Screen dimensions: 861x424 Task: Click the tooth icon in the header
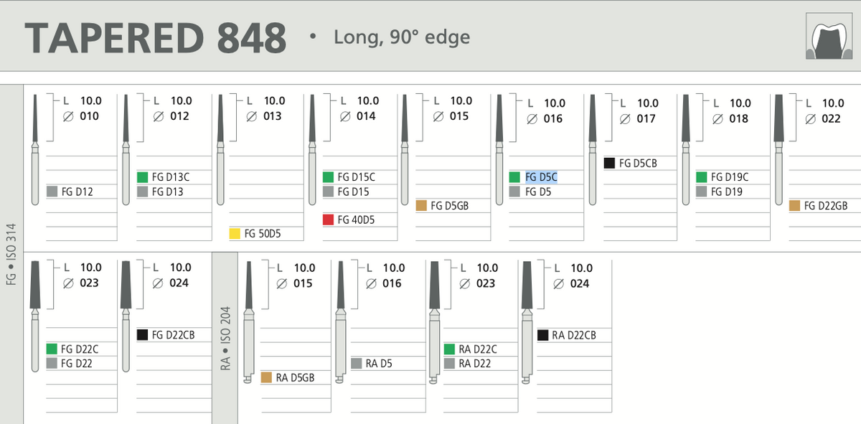pyautogui.click(x=829, y=36)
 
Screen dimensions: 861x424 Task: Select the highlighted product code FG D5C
pyautogui.click(x=541, y=177)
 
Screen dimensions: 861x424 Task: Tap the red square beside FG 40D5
pyautogui.click(x=328, y=220)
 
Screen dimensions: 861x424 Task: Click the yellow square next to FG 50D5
pyautogui.click(x=235, y=233)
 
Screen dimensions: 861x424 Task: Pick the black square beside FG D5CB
pyautogui.click(x=609, y=163)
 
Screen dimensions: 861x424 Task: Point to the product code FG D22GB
pyautogui.click(x=826, y=206)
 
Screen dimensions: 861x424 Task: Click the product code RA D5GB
pyautogui.click(x=295, y=377)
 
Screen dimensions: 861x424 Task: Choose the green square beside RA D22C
pyautogui.click(x=449, y=349)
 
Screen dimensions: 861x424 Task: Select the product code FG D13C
pyautogui.click(x=171, y=177)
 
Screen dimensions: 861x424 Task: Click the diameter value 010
pyautogui.click(x=89, y=116)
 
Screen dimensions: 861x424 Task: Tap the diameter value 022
pyautogui.click(x=831, y=119)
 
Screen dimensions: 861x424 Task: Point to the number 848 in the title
pyautogui.click(x=252, y=38)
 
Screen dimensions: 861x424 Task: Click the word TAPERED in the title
pyautogui.click(x=114, y=38)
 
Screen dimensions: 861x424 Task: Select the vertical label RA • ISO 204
pyautogui.click(x=225, y=339)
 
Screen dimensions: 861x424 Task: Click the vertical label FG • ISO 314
pyautogui.click(x=11, y=255)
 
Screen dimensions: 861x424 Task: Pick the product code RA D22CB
pyautogui.click(x=574, y=335)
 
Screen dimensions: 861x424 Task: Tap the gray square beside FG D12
pyautogui.click(x=52, y=191)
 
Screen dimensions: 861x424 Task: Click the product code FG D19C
pyautogui.click(x=730, y=177)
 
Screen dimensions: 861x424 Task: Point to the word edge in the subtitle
pyautogui.click(x=448, y=38)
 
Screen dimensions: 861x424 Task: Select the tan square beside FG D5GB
pyautogui.click(x=421, y=206)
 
